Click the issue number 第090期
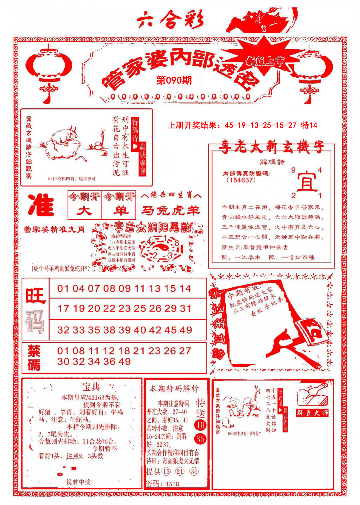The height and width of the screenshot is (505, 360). click(174, 80)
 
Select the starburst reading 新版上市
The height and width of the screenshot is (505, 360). click(266, 61)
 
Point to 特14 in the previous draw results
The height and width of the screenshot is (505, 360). click(309, 125)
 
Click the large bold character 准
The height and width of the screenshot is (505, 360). click(41, 205)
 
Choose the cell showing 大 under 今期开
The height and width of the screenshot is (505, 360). click(85, 211)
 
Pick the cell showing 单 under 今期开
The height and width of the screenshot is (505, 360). click(119, 211)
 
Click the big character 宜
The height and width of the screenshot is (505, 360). click(307, 182)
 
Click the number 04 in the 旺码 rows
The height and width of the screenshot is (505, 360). click(78, 288)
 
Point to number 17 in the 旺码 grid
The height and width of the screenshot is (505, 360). click(63, 308)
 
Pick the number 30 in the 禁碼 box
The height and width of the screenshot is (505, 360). click(63, 361)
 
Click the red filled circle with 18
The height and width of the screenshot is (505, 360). click(200, 425)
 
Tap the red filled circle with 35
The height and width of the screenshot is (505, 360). click(200, 439)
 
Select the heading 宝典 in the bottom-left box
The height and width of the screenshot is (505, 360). click(91, 387)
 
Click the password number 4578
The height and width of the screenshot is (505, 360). click(172, 484)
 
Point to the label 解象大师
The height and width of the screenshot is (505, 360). click(312, 413)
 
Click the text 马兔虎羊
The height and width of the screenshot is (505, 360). click(170, 211)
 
